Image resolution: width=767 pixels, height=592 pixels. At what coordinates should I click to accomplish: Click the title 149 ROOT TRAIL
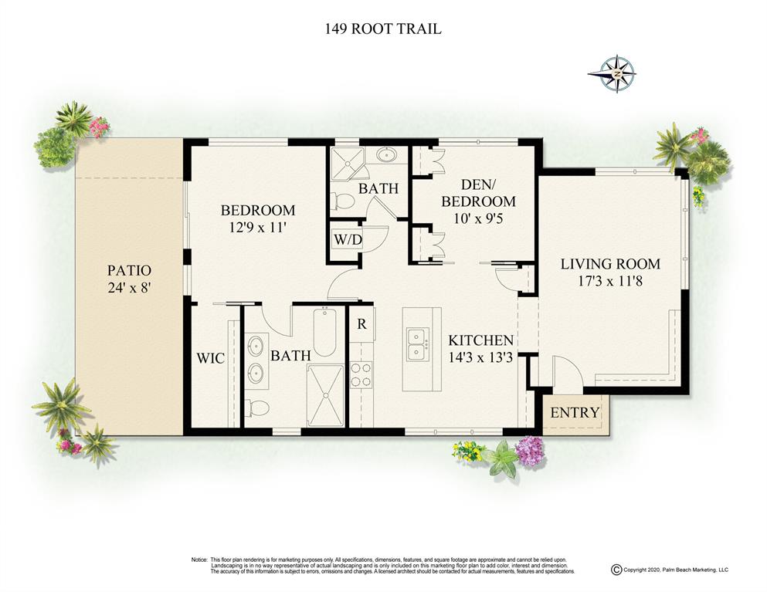(x=383, y=29)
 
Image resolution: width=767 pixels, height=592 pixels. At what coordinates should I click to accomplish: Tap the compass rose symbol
(x=618, y=74)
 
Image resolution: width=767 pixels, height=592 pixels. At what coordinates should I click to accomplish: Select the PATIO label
(x=130, y=270)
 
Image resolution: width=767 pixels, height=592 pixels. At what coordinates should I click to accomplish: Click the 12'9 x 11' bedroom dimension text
(x=257, y=228)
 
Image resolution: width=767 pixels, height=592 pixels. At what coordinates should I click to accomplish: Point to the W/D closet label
(x=348, y=239)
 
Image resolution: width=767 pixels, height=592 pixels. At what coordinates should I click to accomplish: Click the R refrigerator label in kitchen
(x=361, y=324)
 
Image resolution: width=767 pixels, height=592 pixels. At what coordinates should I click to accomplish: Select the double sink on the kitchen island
(x=417, y=343)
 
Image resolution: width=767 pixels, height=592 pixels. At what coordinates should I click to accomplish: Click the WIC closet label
(x=211, y=358)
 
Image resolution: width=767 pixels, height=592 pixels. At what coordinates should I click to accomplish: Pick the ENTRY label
(x=575, y=413)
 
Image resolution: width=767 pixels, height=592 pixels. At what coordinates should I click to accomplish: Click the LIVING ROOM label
(x=610, y=264)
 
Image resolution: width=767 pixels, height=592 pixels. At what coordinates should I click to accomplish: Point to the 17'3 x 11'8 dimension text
(x=609, y=281)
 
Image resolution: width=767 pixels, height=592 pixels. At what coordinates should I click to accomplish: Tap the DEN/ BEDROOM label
(x=478, y=193)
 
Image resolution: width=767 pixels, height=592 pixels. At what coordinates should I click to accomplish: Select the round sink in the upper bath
(x=389, y=155)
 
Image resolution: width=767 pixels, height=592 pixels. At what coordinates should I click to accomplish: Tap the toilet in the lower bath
(x=257, y=408)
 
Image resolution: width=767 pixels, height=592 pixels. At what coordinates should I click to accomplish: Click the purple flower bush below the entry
(x=530, y=451)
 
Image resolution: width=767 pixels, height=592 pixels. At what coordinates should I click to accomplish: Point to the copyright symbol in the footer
(x=616, y=570)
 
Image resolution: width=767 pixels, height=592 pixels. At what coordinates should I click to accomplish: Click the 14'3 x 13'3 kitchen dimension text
(x=480, y=357)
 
